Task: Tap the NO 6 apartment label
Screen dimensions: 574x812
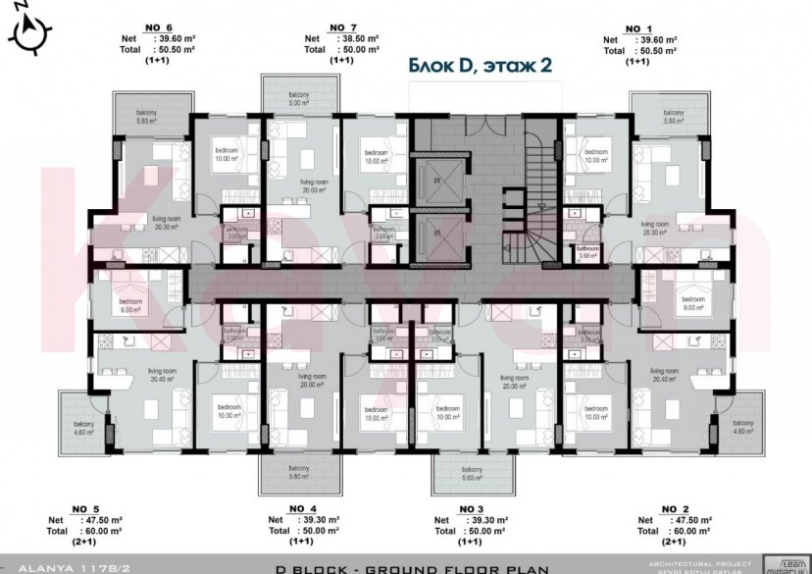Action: pyautogui.click(x=157, y=28)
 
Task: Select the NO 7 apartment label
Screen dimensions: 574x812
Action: pyautogui.click(x=341, y=26)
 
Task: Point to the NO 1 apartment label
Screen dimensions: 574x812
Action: pyautogui.click(x=637, y=28)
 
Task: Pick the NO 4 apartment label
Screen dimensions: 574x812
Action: pyautogui.click(x=302, y=507)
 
